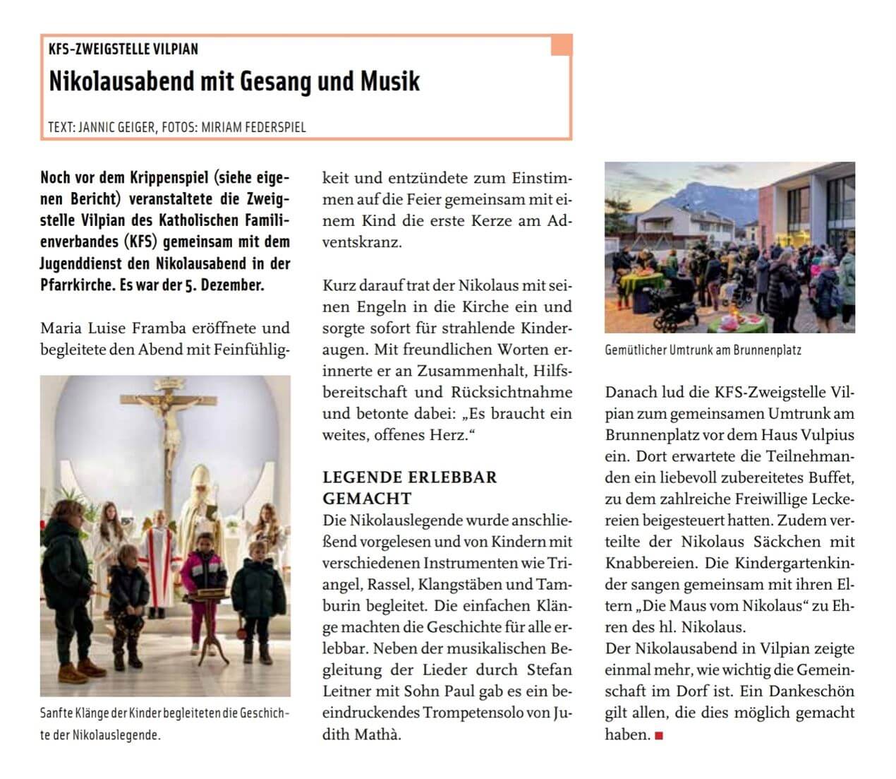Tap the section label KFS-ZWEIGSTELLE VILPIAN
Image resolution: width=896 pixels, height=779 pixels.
point(123,49)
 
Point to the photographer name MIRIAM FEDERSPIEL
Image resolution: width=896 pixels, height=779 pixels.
point(253,127)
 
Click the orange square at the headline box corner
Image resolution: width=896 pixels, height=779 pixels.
point(562,44)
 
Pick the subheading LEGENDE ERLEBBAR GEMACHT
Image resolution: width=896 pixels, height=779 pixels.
point(409,487)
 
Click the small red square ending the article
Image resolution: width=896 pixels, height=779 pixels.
point(659,736)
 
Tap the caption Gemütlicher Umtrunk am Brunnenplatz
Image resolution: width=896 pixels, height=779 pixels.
point(703,350)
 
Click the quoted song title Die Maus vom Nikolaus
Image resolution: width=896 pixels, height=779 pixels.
point(727,606)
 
